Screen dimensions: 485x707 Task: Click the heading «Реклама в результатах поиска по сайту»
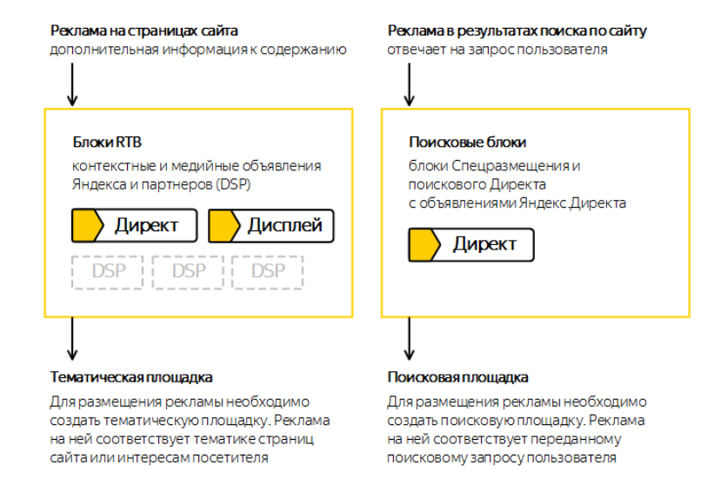517,31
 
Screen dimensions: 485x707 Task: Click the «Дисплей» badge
271,226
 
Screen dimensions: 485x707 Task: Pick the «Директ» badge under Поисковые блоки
471,244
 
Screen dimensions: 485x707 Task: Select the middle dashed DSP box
189,272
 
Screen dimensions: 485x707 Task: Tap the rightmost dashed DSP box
268,272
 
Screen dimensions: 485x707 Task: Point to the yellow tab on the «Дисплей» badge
224,226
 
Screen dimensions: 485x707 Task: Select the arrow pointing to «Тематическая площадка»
71,338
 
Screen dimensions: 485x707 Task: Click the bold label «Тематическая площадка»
130,377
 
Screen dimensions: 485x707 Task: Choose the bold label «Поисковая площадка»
457,377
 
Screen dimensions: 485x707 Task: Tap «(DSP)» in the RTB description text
234,184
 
